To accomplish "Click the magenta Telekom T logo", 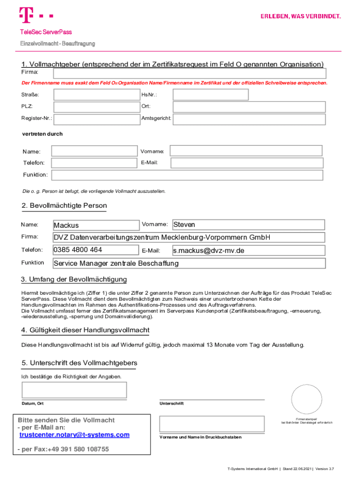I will click(x=27, y=15).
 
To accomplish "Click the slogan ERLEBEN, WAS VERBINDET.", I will click(x=301, y=16).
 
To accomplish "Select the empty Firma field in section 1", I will click(x=189, y=73).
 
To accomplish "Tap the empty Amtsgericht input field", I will click(x=249, y=119).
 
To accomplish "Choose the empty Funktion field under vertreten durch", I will click(x=187, y=175).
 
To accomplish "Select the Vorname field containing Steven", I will click(x=248, y=225).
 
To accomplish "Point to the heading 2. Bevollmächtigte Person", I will click(x=64, y=206).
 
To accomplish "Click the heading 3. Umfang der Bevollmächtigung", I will click(x=74, y=280).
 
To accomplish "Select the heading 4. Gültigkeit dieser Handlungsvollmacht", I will click(x=85, y=330).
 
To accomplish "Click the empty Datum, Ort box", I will click(x=74, y=390).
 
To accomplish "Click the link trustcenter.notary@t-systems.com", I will click(x=74, y=435).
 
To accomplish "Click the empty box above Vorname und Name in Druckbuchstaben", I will click(x=212, y=424).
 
